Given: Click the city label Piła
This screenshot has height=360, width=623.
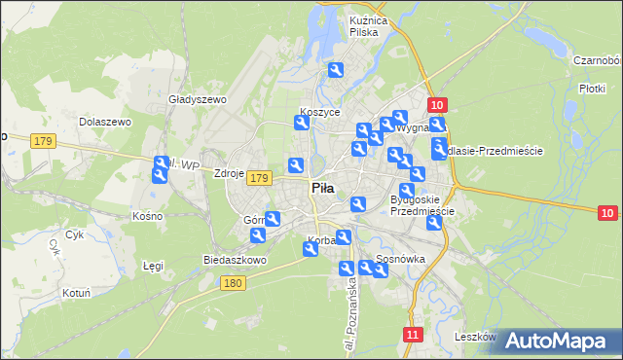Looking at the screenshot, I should coord(324,188).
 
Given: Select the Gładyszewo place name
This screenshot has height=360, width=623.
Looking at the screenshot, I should coord(197,99).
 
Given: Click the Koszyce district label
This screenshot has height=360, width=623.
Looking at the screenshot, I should coord(320,112).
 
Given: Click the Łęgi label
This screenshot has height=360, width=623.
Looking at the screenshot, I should coord(153,265).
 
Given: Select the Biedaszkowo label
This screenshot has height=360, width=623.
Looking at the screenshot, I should coord(234,261).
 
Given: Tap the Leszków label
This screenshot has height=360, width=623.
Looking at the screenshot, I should coord(475,337).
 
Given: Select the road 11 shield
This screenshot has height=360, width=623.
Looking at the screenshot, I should coord(413,335).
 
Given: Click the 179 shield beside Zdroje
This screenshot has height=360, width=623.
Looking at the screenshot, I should coord(258,178).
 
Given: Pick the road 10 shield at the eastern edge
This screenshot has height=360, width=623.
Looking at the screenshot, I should coord(607,213).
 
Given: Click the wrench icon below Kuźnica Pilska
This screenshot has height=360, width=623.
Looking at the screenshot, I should coord(336,70).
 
